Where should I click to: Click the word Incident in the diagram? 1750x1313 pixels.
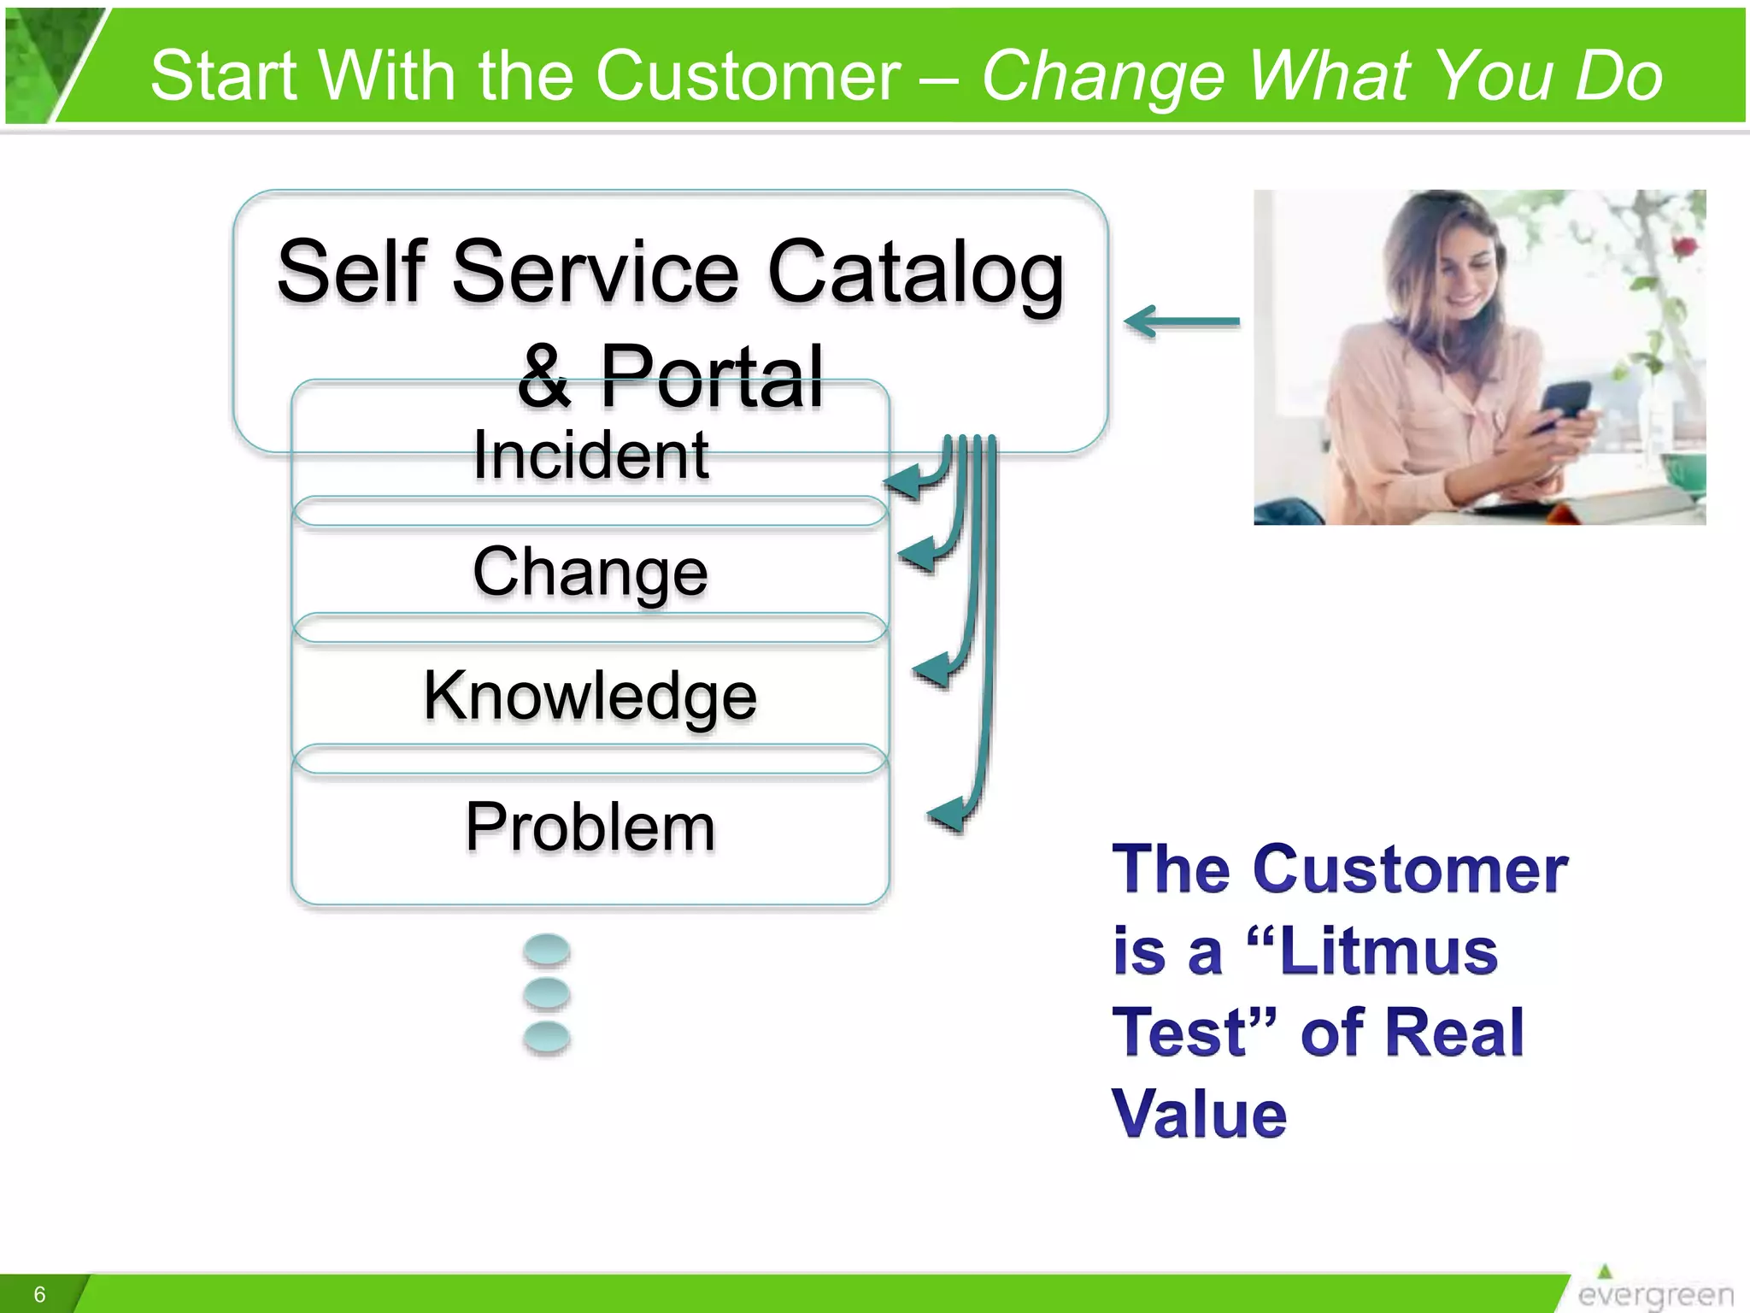[590, 456]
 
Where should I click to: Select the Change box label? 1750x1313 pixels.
[590, 571]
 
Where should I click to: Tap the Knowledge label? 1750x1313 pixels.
[590, 695]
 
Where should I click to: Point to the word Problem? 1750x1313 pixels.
[590, 827]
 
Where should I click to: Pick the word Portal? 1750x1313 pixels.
[711, 376]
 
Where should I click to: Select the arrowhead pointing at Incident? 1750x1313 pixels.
[904, 483]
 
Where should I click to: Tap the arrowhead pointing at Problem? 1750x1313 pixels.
[947, 814]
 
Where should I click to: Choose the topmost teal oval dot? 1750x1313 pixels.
[547, 950]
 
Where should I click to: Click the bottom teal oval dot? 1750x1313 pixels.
[547, 1037]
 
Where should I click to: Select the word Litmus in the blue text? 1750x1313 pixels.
[1389, 951]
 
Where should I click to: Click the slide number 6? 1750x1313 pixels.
[39, 1294]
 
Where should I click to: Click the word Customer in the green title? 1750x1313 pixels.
[748, 75]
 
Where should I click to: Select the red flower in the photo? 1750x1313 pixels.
[1682, 247]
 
